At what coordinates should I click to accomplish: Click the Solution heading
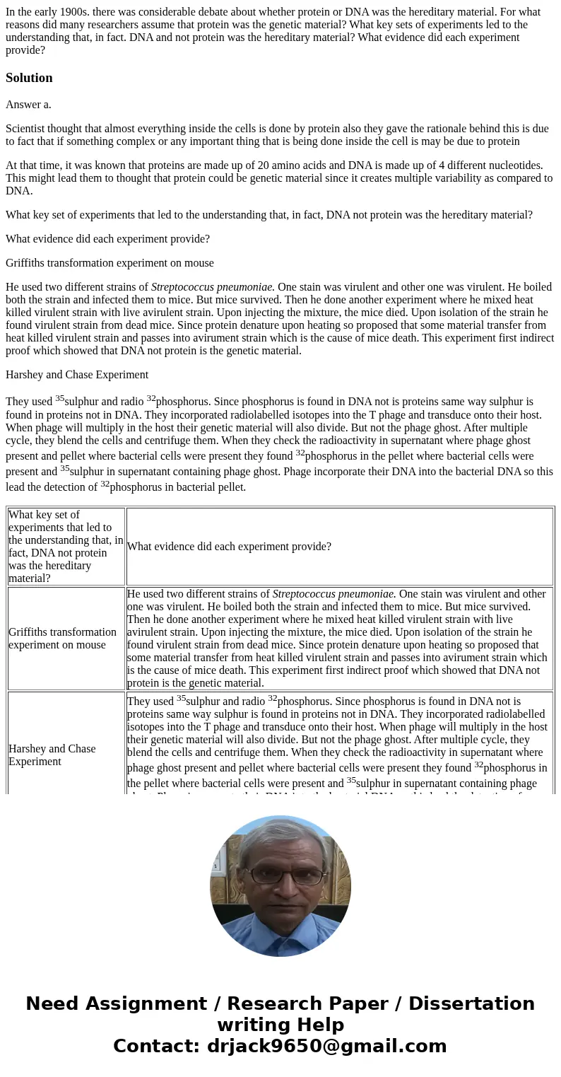29,78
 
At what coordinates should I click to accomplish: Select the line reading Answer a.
28,105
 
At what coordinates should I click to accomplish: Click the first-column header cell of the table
66,547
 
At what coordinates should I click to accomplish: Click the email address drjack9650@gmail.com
326,1047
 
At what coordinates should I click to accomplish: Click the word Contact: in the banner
156,1047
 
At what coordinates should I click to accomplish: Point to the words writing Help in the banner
280,1025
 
